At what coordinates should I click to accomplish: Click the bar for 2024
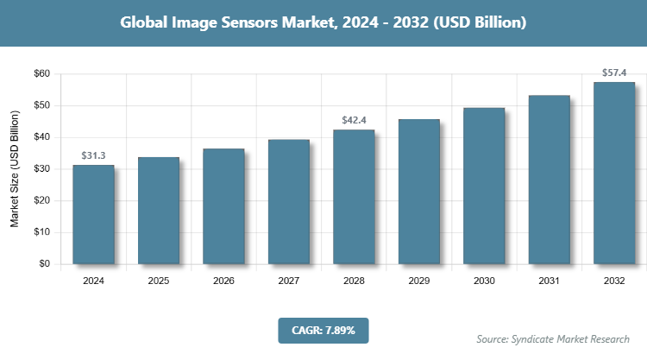pyautogui.click(x=93, y=214)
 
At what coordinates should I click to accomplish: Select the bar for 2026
pyautogui.click(x=223, y=206)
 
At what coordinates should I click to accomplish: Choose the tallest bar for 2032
pyautogui.click(x=614, y=173)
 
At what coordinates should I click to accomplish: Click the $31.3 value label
pyautogui.click(x=93, y=155)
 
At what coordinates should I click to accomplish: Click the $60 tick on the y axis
pyautogui.click(x=41, y=74)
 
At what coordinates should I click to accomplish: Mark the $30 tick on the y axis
pyautogui.click(x=41, y=169)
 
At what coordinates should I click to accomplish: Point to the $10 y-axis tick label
pyautogui.click(x=41, y=232)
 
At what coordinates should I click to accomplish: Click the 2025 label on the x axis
pyautogui.click(x=159, y=281)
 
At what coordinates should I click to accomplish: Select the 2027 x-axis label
pyautogui.click(x=289, y=281)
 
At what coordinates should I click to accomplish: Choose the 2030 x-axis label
pyautogui.click(x=484, y=281)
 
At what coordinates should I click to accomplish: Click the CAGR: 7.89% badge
pyautogui.click(x=323, y=330)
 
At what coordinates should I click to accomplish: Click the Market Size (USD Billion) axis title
pyautogui.click(x=15, y=169)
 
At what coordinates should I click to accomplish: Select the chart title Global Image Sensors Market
pyautogui.click(x=323, y=23)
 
